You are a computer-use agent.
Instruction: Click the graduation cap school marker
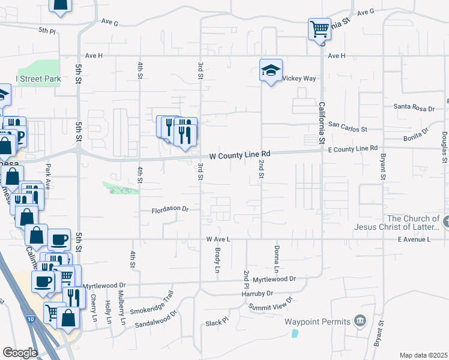point(271,70)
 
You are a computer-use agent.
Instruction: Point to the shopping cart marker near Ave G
point(319,28)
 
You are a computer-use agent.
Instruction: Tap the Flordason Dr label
point(170,209)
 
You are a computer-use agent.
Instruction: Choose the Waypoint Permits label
point(318,322)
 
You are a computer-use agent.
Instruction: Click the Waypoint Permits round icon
point(360,321)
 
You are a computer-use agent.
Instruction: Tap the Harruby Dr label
point(257,293)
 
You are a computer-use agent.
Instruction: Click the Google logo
point(20,352)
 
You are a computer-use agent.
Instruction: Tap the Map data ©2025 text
point(423,355)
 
